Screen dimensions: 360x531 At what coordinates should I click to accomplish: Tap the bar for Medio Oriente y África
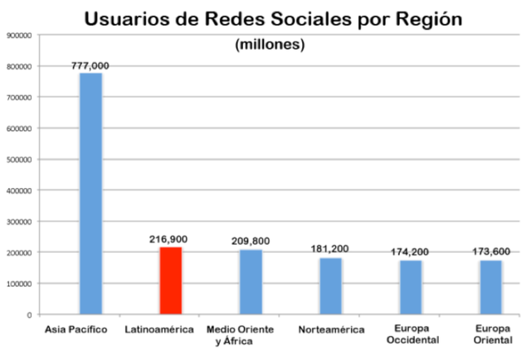tap(251, 282)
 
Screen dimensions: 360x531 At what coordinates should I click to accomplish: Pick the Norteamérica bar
tap(330, 286)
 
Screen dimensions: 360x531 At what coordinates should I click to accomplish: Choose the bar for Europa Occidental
tap(411, 287)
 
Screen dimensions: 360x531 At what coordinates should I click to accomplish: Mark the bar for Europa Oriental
tap(490, 287)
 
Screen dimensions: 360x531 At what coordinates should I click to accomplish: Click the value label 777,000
tap(90, 66)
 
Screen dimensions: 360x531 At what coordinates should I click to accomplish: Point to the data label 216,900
tap(170, 239)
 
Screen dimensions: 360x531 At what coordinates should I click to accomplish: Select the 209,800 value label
tap(251, 241)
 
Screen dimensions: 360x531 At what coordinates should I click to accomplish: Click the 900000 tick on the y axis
tap(18, 36)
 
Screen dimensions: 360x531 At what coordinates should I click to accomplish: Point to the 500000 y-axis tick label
tap(18, 159)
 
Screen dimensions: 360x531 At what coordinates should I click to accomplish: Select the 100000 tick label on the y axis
tap(18, 284)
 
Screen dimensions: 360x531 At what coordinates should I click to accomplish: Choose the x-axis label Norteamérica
tap(331, 330)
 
